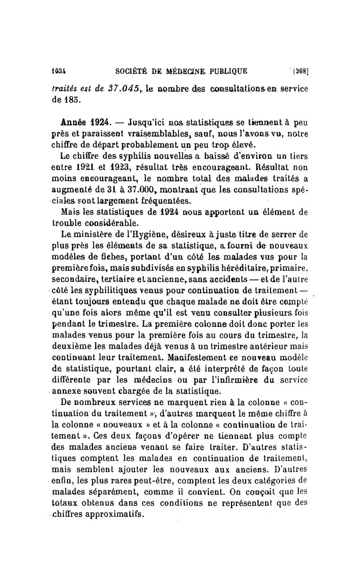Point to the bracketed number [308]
pyautogui.click(x=299, y=70)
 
